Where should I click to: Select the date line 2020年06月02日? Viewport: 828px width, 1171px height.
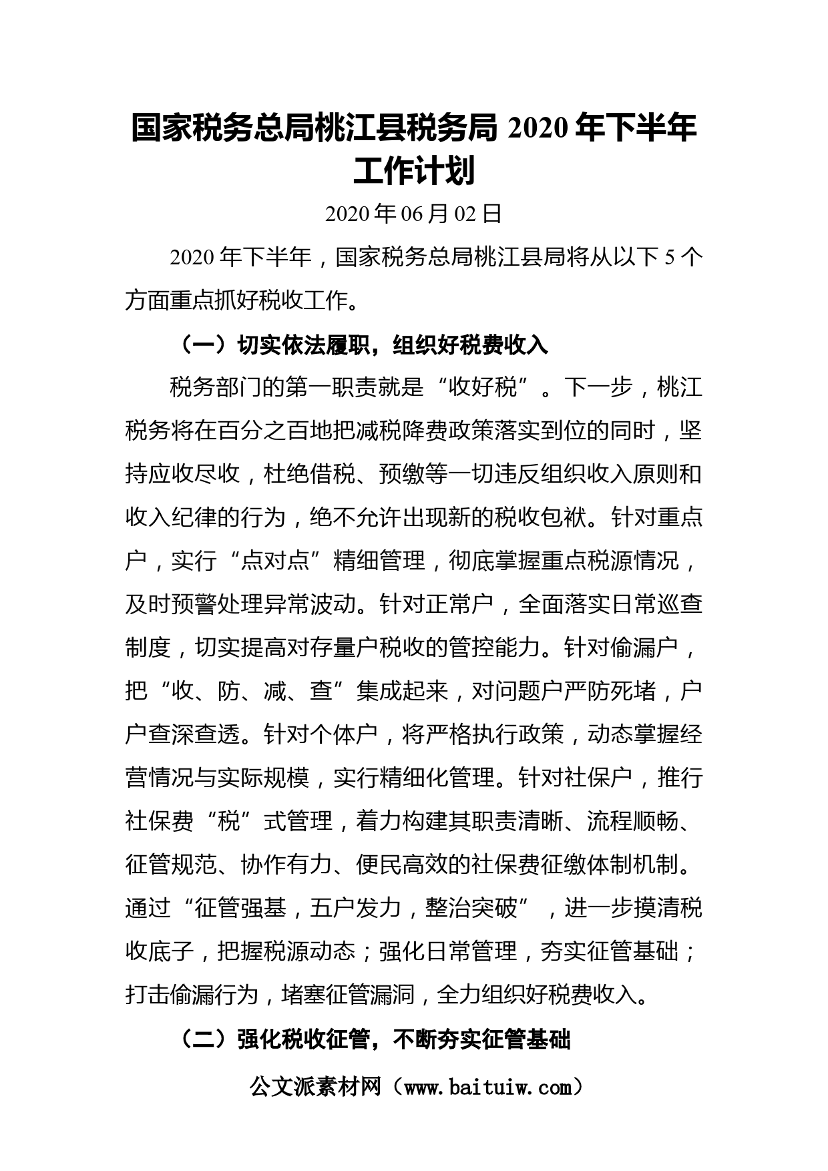coord(414,214)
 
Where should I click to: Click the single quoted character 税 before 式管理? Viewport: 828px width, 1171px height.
coord(229,821)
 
